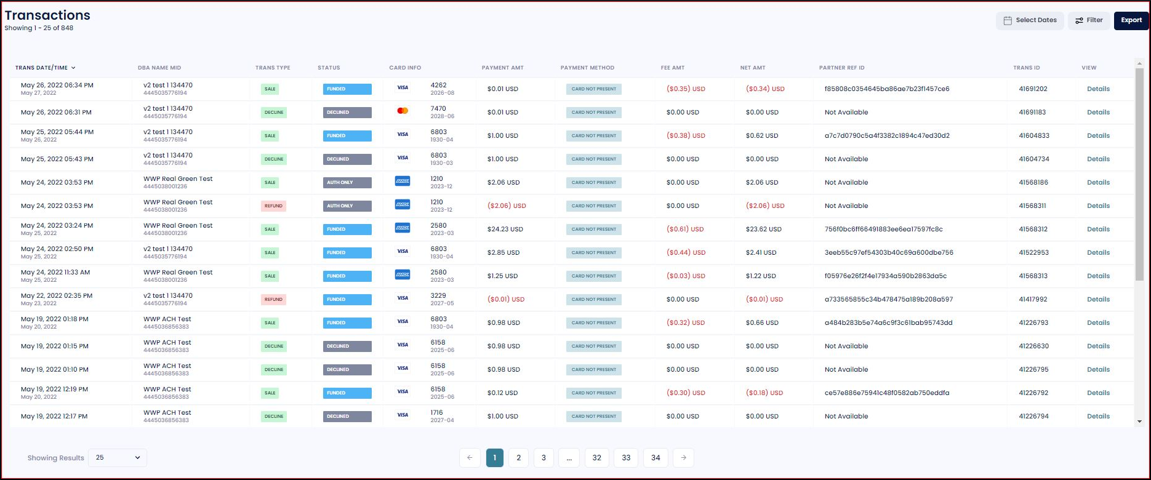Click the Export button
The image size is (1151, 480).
click(1131, 20)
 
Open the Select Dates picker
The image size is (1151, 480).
click(1030, 20)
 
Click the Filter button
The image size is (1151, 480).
click(1089, 20)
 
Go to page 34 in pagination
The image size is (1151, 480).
click(655, 458)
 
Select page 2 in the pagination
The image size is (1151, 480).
click(518, 458)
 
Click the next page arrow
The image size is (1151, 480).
click(683, 458)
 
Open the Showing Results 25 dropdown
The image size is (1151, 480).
click(118, 458)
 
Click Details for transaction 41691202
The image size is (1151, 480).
click(1098, 89)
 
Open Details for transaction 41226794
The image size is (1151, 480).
click(1098, 417)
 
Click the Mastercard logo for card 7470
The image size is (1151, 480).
click(403, 111)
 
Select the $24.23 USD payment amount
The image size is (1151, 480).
click(505, 230)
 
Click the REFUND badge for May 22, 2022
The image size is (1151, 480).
click(273, 300)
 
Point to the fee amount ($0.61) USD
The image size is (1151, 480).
click(684, 230)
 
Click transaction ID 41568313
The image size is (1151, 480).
click(1033, 276)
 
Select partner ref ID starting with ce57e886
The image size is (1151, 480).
click(887, 393)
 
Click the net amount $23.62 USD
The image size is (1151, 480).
click(763, 230)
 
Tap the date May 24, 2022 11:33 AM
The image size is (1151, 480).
click(55, 273)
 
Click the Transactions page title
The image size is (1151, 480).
click(47, 15)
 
